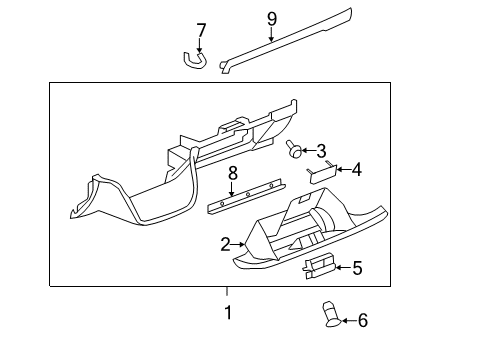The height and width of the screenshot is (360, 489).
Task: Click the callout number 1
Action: [x=227, y=313]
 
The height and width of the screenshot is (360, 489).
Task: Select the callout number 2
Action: [x=226, y=243]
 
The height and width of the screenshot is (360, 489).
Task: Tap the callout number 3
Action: [x=321, y=151]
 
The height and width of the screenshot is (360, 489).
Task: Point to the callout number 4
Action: [x=356, y=169]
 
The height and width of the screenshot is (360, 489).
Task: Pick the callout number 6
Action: [x=362, y=320]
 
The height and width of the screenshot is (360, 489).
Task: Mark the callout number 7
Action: [x=200, y=30]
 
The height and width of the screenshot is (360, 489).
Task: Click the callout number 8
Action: [x=232, y=173]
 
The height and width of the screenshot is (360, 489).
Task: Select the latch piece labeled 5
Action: [x=319, y=265]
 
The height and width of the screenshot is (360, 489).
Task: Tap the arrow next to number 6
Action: [x=346, y=320]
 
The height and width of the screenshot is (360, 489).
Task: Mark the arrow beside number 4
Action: [x=341, y=169]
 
